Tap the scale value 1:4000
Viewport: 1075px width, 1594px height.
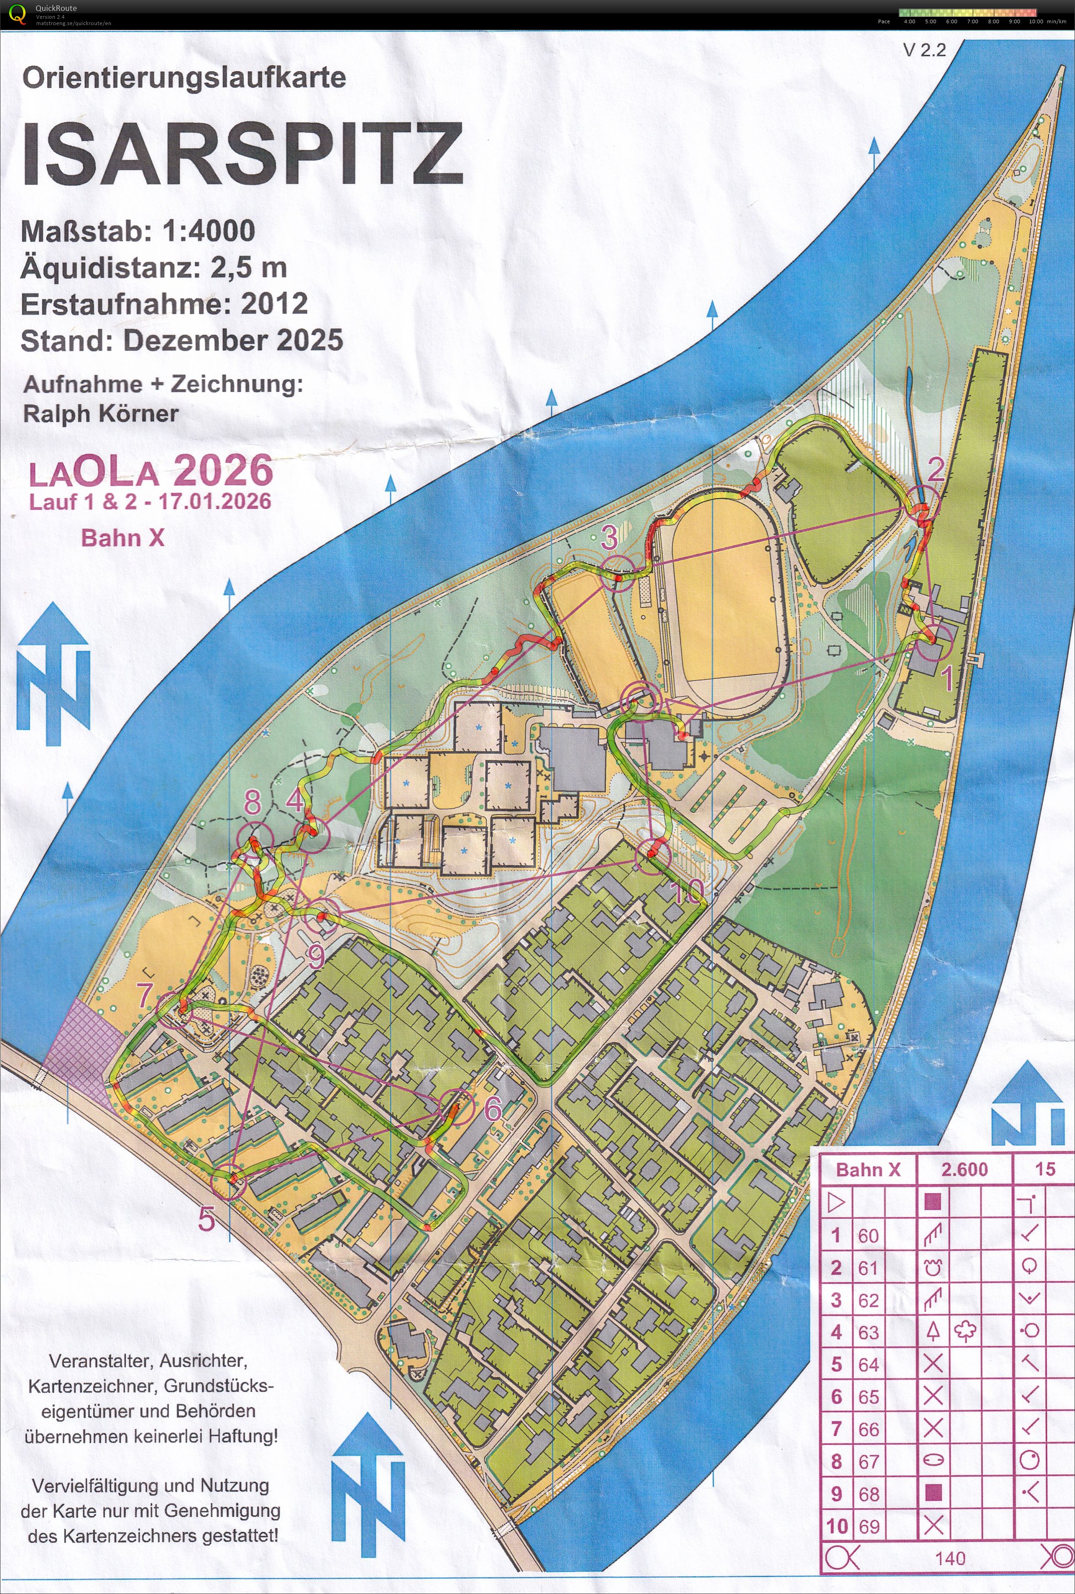pyautogui.click(x=209, y=231)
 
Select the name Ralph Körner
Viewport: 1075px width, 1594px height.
pyautogui.click(x=101, y=414)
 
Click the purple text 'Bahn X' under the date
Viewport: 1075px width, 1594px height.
pyautogui.click(x=123, y=537)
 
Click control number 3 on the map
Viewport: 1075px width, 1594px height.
pyautogui.click(x=609, y=537)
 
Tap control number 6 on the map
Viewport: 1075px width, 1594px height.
pyautogui.click(x=493, y=1109)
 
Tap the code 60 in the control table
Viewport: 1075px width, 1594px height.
pyautogui.click(x=868, y=1236)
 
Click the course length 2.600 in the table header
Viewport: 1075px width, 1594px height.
pyautogui.click(x=964, y=1170)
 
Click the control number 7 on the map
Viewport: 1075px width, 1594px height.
pyautogui.click(x=144, y=995)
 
